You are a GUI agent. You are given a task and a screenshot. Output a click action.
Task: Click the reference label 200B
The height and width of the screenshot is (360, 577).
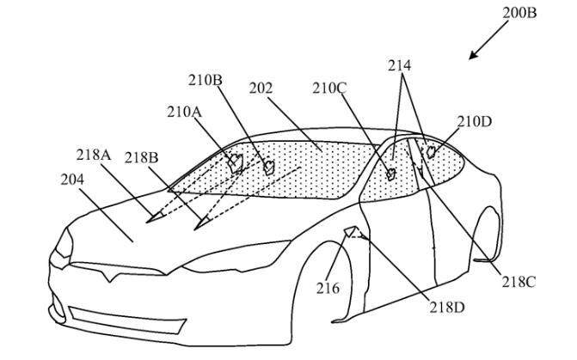[519, 13]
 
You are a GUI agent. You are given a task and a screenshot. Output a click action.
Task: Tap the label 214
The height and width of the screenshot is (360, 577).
[399, 65]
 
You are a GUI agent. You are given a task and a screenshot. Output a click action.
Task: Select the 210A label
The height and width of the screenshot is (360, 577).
[184, 112]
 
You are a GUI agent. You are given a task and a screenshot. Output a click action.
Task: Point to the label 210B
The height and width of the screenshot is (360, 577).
[206, 80]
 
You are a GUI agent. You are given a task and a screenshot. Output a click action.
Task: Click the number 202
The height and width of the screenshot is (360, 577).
[261, 88]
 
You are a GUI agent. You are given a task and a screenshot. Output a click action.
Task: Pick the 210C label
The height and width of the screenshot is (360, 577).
[329, 88]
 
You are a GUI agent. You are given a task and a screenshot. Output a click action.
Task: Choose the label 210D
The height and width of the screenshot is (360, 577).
[475, 121]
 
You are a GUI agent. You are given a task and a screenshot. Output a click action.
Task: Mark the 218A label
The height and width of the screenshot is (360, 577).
[94, 155]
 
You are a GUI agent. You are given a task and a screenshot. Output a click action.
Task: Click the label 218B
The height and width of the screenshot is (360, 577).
[141, 158]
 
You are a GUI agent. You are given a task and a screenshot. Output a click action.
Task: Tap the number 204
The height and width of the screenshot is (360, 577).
[72, 180]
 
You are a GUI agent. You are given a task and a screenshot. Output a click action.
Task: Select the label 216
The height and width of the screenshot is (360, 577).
[328, 288]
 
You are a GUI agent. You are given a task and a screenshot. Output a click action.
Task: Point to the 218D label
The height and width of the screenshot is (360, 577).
[447, 307]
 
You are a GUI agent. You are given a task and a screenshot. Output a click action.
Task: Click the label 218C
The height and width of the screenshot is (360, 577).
[519, 282]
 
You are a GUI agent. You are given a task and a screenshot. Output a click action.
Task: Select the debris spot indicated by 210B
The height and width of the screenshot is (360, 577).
[269, 168]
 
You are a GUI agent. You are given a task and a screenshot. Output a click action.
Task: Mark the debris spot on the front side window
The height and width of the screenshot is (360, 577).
[390, 174]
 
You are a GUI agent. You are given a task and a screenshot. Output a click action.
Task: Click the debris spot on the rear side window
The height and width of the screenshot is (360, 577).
[431, 151]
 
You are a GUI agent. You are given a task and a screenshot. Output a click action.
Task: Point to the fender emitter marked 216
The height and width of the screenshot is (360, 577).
[353, 232]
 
